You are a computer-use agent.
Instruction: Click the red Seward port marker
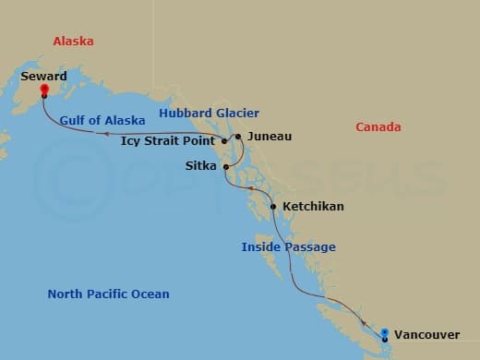pos(44,90)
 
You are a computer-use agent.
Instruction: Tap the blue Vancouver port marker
pos(385,332)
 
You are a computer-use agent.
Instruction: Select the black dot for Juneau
pos(238,137)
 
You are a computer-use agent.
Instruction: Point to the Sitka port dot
pos(225,167)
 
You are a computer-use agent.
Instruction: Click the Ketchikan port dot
pos(273,206)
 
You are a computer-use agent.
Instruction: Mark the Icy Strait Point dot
pos(223,141)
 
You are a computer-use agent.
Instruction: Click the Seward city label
pos(43,77)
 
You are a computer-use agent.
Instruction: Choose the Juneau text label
pos(270,137)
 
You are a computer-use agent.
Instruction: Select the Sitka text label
pos(202,167)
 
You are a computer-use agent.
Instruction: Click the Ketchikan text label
pos(313,207)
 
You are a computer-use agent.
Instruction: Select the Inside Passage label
pos(288,247)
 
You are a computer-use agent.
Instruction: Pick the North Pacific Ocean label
pos(108,294)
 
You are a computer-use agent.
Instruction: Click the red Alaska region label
pos(74,42)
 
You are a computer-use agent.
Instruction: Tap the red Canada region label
pos(378,126)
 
